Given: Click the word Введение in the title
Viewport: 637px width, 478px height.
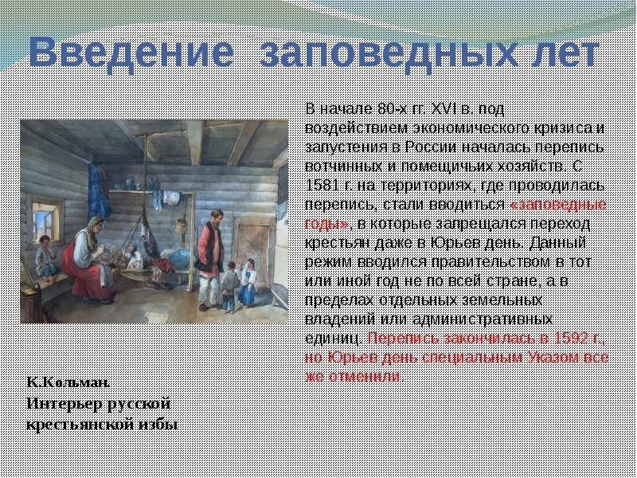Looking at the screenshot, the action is [x=131, y=53].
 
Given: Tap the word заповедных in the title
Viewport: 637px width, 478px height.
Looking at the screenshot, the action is [x=389, y=53].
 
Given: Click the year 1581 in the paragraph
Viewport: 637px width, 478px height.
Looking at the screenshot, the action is [x=322, y=186].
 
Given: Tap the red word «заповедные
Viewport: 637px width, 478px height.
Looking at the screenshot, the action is [x=558, y=205].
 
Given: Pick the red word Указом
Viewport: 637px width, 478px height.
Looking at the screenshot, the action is [x=554, y=357].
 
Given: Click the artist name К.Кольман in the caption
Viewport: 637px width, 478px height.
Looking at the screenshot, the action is [x=68, y=382].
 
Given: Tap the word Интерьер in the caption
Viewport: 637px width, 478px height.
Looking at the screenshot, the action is [x=64, y=404].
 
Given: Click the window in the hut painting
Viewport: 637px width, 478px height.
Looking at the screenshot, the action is [x=45, y=221].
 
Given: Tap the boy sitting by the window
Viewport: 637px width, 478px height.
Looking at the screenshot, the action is [x=45, y=258].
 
